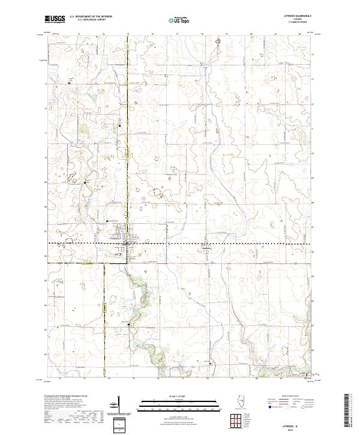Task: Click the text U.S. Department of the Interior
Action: click(90, 17)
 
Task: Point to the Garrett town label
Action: click(206, 248)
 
